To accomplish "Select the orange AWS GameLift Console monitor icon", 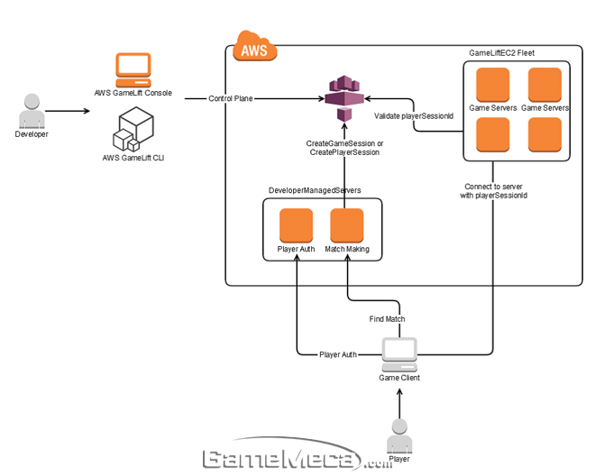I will [133, 69].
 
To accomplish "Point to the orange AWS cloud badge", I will [254, 47].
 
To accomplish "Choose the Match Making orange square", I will [346, 224].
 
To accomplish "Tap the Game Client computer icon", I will [399, 353].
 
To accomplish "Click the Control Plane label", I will [230, 98].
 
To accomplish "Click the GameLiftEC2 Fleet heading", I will [502, 54].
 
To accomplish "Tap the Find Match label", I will [388, 318].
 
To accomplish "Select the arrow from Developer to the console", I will [68, 111].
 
